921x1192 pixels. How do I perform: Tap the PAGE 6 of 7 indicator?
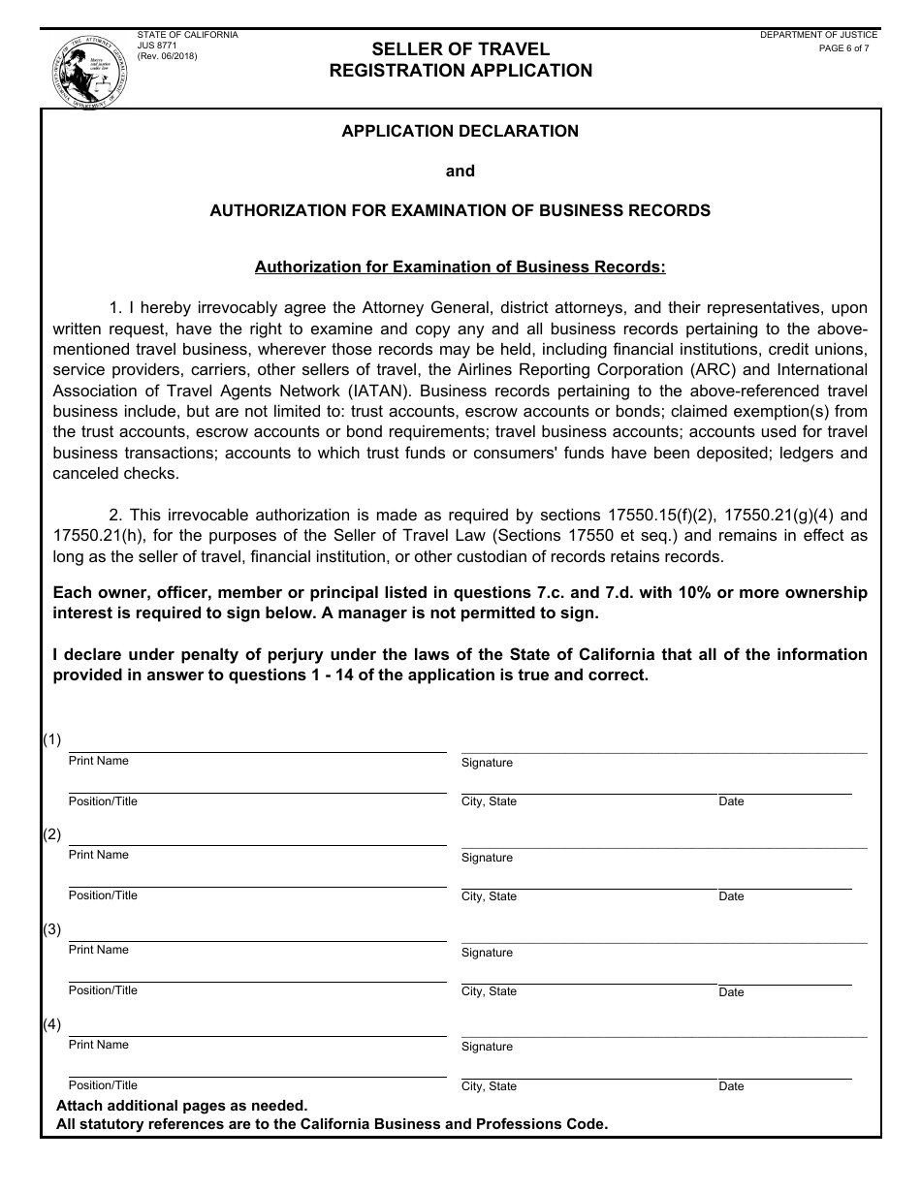(x=843, y=47)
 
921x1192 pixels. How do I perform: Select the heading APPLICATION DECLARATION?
(x=460, y=131)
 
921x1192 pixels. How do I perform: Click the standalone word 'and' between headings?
(x=460, y=171)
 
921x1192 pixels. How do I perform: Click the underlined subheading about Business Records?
(x=460, y=267)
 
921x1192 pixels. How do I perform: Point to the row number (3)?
(x=51, y=929)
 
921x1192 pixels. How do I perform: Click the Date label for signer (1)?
(x=731, y=801)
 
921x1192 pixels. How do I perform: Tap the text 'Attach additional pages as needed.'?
(x=181, y=1106)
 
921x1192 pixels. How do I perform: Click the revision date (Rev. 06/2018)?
(x=167, y=57)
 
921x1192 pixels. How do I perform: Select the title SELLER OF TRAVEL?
(x=460, y=49)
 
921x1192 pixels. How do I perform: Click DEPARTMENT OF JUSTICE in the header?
(x=818, y=35)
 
